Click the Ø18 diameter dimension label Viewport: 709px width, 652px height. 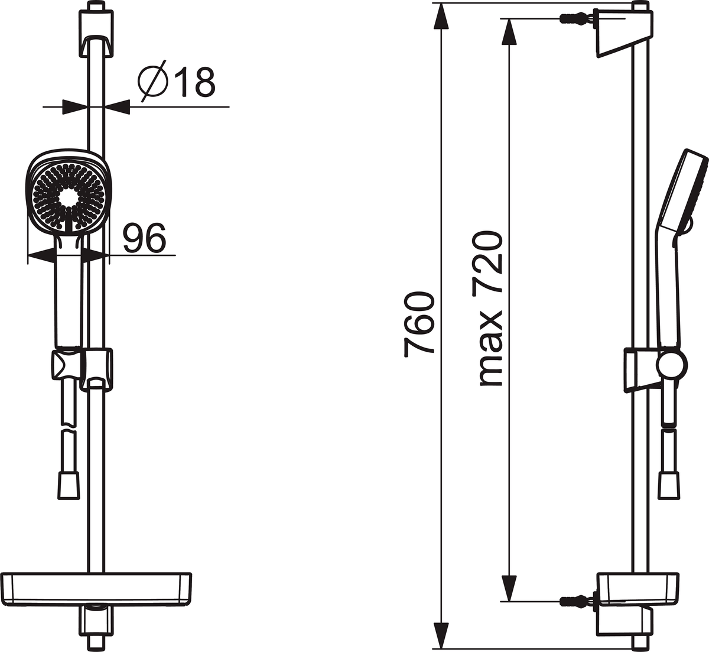(177, 81)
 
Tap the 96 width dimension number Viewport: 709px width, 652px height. (144, 238)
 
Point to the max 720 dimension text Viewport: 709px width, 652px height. (490, 309)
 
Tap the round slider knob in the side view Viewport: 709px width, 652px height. (672, 365)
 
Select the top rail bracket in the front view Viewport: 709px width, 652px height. (96, 34)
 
